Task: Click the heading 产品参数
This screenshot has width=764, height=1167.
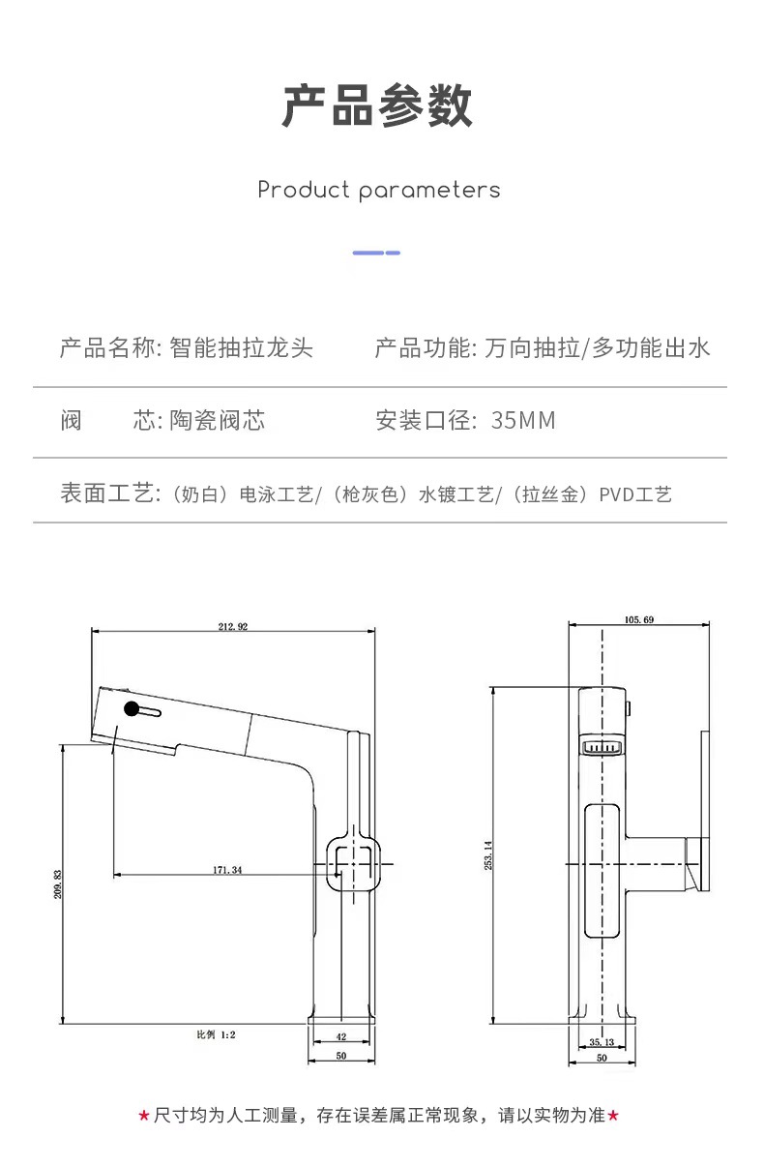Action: click(377, 105)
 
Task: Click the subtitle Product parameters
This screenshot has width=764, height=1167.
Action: click(378, 190)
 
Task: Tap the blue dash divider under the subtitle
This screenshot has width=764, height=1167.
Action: click(376, 253)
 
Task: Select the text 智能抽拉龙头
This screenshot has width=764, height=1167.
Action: click(241, 347)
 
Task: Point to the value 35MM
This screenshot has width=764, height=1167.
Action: click(523, 420)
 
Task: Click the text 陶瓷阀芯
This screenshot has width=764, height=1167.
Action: click(218, 420)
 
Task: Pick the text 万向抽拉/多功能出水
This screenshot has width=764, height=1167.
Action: click(597, 347)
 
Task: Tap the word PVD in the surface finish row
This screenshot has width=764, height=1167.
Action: click(616, 494)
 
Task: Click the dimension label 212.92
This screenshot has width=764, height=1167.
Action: click(233, 626)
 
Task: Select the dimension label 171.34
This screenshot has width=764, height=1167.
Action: click(227, 870)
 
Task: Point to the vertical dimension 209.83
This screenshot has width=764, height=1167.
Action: click(58, 884)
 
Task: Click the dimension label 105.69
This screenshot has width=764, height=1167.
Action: click(639, 619)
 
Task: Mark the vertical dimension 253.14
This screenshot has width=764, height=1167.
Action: click(488, 855)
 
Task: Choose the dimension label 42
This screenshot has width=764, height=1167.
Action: click(341, 1036)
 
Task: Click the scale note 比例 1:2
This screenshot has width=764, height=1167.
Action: click(216, 1034)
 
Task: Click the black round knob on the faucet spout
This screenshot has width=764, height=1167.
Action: click(132, 708)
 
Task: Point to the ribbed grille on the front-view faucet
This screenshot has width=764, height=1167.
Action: click(602, 748)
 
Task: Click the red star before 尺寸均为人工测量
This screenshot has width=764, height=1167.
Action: click(144, 1116)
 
